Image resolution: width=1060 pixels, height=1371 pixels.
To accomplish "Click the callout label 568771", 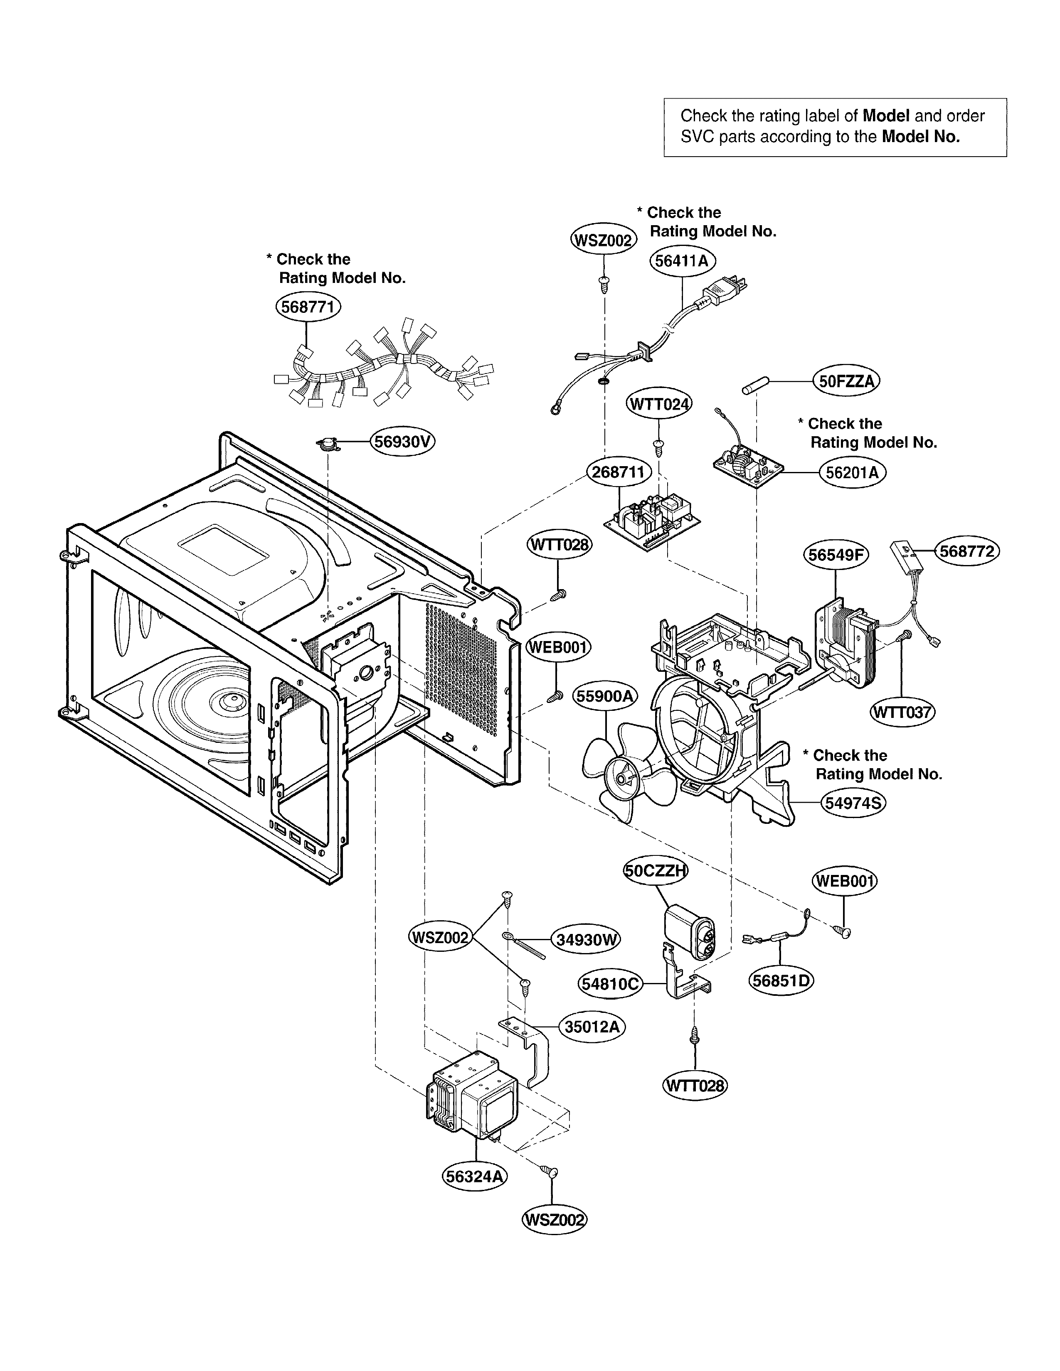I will [308, 307].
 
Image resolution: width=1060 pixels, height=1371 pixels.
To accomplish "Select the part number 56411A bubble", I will [683, 260].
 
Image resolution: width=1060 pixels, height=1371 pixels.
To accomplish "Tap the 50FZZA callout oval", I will [846, 381].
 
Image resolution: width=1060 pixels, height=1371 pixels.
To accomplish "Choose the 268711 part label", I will [619, 472].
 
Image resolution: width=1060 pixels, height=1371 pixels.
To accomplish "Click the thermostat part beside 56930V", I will [328, 444].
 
